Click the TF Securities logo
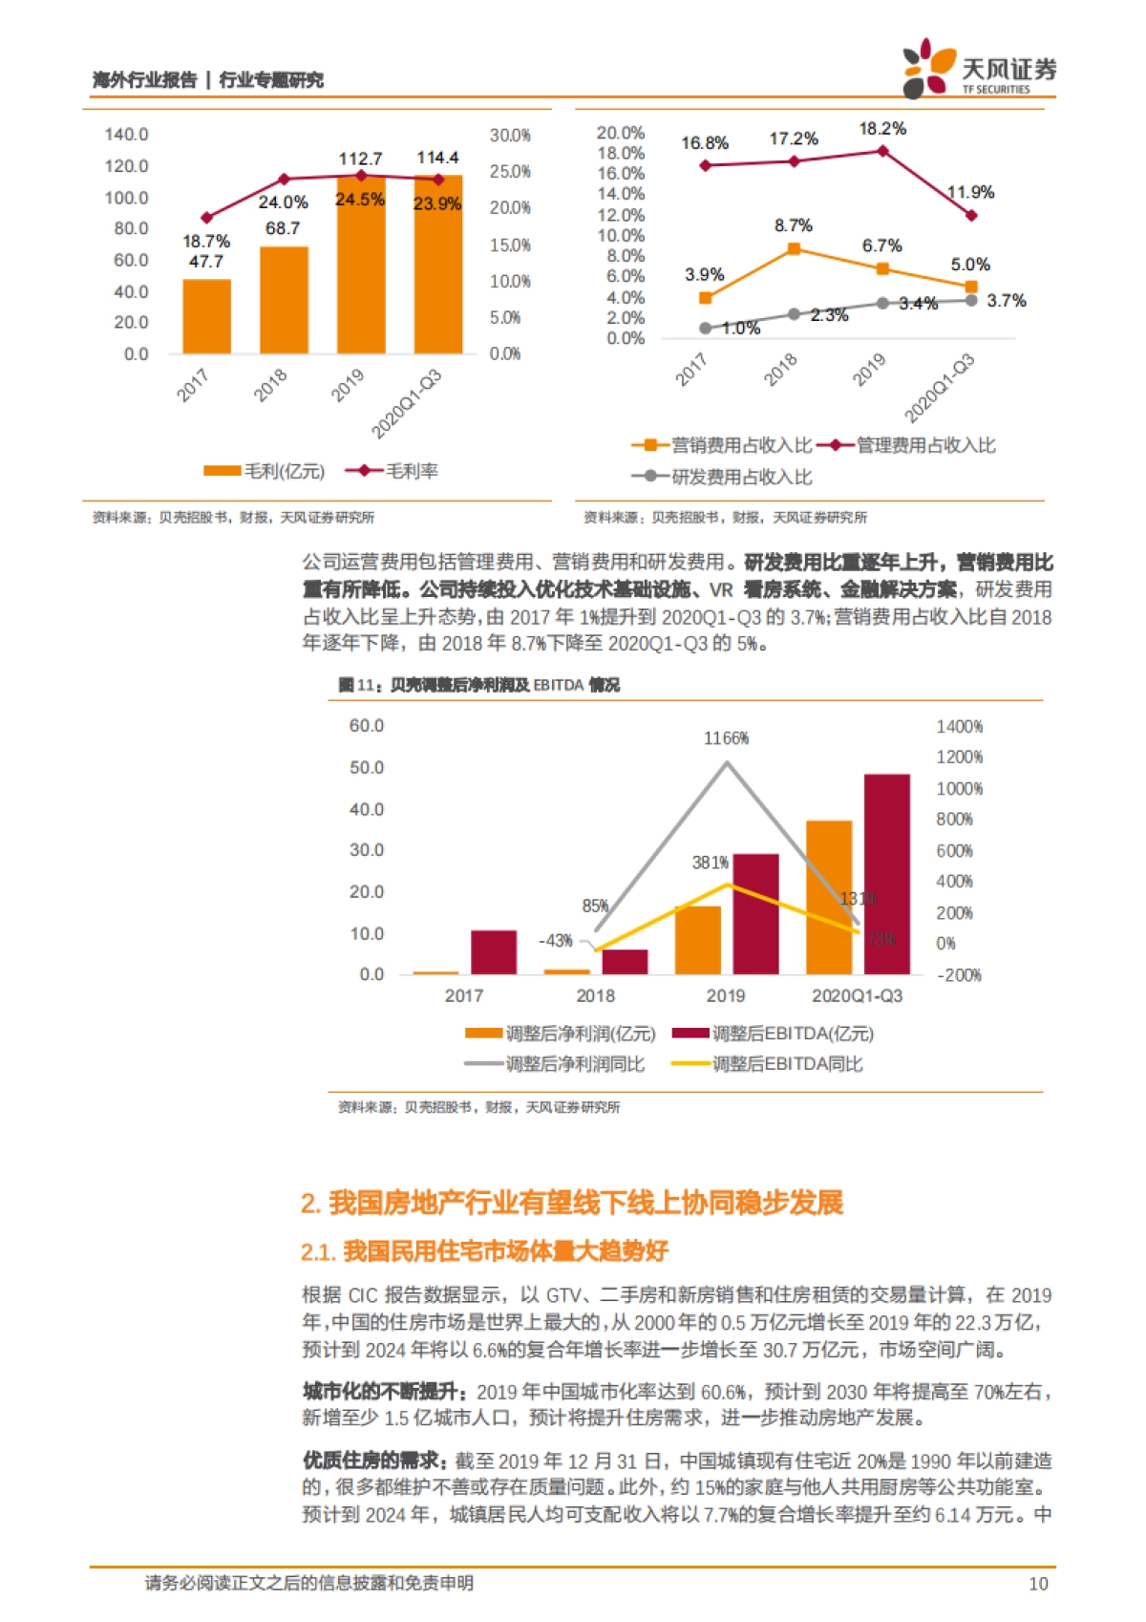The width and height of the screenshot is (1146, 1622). pos(979,69)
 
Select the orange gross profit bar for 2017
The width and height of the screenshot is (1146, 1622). pos(206,316)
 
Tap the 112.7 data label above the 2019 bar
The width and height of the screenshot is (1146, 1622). pos(360,159)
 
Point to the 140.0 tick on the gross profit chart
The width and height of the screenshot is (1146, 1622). pos(126,135)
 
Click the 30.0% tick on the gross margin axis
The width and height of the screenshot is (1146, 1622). pos(510,136)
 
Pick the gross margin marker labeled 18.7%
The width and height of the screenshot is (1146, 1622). pos(206,218)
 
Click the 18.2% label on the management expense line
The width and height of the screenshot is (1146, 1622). pos(881,129)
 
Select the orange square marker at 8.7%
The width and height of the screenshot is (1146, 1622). pos(794,249)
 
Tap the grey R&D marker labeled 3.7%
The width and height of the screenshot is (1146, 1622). pos(971,301)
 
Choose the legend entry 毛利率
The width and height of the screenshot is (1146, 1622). pos(411,471)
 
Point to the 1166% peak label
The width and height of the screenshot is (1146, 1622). pos(726,738)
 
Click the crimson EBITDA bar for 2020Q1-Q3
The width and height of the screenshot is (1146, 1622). pos(886,874)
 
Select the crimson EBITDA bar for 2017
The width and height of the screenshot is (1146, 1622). pos(494,952)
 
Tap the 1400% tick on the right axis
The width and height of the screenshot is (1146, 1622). pos(959,727)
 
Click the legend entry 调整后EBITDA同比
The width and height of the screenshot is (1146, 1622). pos(787,1064)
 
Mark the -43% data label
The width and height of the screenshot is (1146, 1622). pos(555,941)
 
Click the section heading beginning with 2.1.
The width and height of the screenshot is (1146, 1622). pos(484,1251)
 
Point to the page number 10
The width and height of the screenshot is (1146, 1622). pos(1038,1584)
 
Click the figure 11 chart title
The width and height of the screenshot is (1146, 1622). pos(478,685)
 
